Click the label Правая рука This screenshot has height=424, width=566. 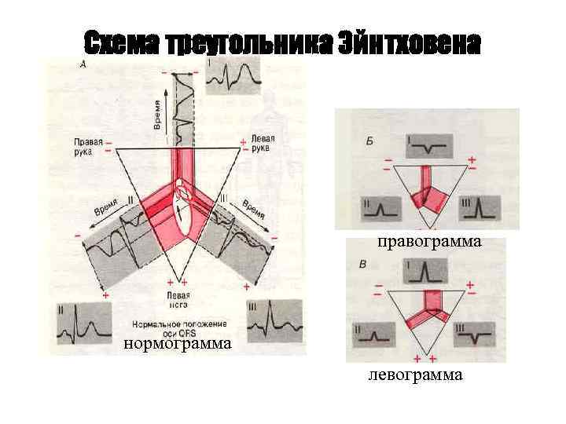tap(89, 147)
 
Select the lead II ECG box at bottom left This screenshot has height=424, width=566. tap(82, 323)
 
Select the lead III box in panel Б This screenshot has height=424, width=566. tap(480, 207)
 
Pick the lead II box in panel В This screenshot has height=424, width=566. tap(375, 334)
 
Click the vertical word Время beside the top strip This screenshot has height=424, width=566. tap(157, 115)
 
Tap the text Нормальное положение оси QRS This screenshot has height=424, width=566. tap(179, 327)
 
